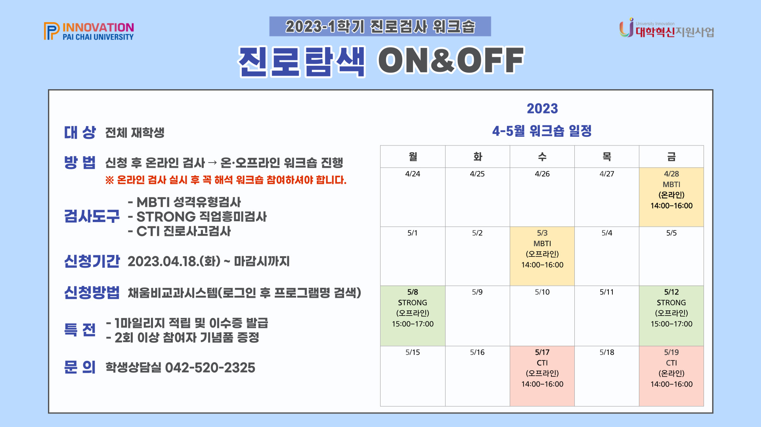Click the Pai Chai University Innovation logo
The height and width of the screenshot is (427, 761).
pyautogui.click(x=89, y=31)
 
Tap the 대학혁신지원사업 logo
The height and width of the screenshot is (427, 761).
pyautogui.click(x=667, y=29)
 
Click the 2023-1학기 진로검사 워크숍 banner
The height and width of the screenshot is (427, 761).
pyautogui.click(x=380, y=27)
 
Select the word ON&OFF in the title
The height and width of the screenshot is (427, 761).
pyautogui.click(x=451, y=61)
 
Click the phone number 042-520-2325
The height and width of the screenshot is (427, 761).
pyautogui.click(x=210, y=368)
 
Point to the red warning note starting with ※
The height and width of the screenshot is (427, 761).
pyautogui.click(x=226, y=180)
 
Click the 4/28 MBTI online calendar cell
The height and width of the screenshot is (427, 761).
pyautogui.click(x=671, y=197)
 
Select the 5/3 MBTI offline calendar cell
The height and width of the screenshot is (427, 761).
pyautogui.click(x=542, y=256)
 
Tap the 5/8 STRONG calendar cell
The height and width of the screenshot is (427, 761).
pyautogui.click(x=413, y=316)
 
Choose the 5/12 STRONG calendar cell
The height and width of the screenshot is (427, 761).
pyautogui.click(x=671, y=316)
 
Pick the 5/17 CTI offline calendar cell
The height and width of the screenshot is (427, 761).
pyautogui.click(x=542, y=375)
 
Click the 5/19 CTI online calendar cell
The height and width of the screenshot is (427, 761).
pyautogui.click(x=671, y=375)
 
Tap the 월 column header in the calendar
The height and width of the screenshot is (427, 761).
pyautogui.click(x=413, y=157)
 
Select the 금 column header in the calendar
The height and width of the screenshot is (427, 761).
pyautogui.click(x=671, y=157)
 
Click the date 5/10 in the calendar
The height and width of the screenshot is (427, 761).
pyautogui.click(x=542, y=292)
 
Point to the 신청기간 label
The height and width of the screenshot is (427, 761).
pyautogui.click(x=92, y=261)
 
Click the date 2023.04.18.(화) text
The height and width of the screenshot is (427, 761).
pyautogui.click(x=174, y=261)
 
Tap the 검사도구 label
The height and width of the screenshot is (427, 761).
pyautogui.click(x=92, y=216)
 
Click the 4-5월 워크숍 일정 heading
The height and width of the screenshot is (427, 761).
pyautogui.click(x=542, y=131)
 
